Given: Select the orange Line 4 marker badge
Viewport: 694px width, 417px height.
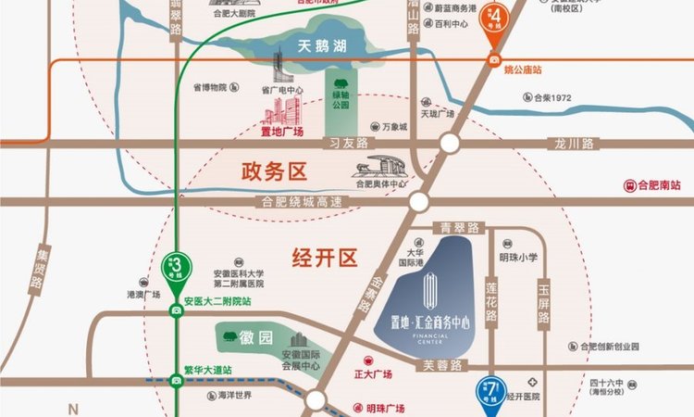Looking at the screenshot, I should click(500, 19).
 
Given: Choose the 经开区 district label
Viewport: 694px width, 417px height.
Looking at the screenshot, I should click(324, 258).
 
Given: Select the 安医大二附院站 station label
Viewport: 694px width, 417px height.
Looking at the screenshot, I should click(217, 302).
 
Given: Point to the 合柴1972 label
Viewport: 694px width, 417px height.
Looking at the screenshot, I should click(552, 95).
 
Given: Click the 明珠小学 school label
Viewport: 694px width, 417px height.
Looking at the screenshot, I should click(518, 257).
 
